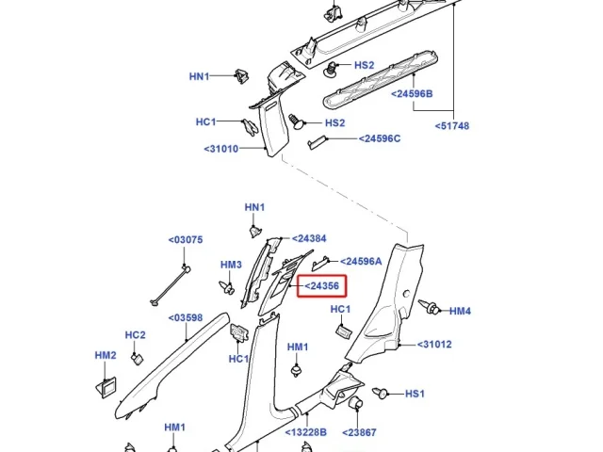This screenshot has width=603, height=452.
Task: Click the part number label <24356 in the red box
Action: [322, 286]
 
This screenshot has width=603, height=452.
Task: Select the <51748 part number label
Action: [452, 125]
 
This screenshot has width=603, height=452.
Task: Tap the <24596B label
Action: [412, 93]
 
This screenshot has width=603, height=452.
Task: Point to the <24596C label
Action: [380, 138]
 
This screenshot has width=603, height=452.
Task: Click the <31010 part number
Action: [221, 149]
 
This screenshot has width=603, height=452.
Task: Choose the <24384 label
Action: [309, 238]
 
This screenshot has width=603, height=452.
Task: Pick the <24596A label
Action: [361, 262]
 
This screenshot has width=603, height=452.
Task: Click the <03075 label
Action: [186, 240]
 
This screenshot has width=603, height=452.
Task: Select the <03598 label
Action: [186, 318]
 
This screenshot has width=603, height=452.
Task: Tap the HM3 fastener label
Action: [231, 265]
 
